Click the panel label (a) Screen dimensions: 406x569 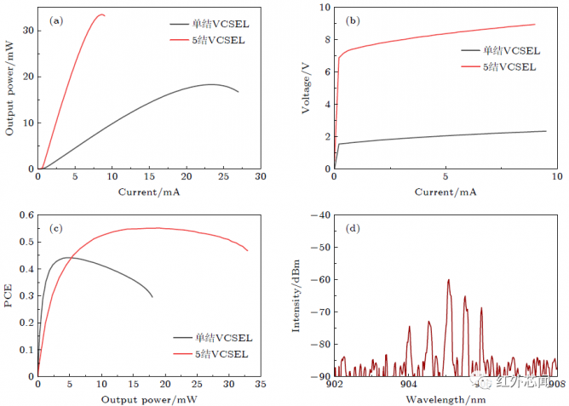(x=58, y=20)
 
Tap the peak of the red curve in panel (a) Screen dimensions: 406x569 (x=102, y=14)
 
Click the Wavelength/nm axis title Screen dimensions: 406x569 (x=445, y=399)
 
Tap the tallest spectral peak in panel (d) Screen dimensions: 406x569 (x=448, y=279)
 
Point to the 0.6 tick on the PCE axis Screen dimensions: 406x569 (x=23, y=215)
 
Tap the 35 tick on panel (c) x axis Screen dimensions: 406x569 (x=260, y=385)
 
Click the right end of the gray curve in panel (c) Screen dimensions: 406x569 (x=152, y=297)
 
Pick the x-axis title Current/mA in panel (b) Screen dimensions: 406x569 (x=445, y=192)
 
